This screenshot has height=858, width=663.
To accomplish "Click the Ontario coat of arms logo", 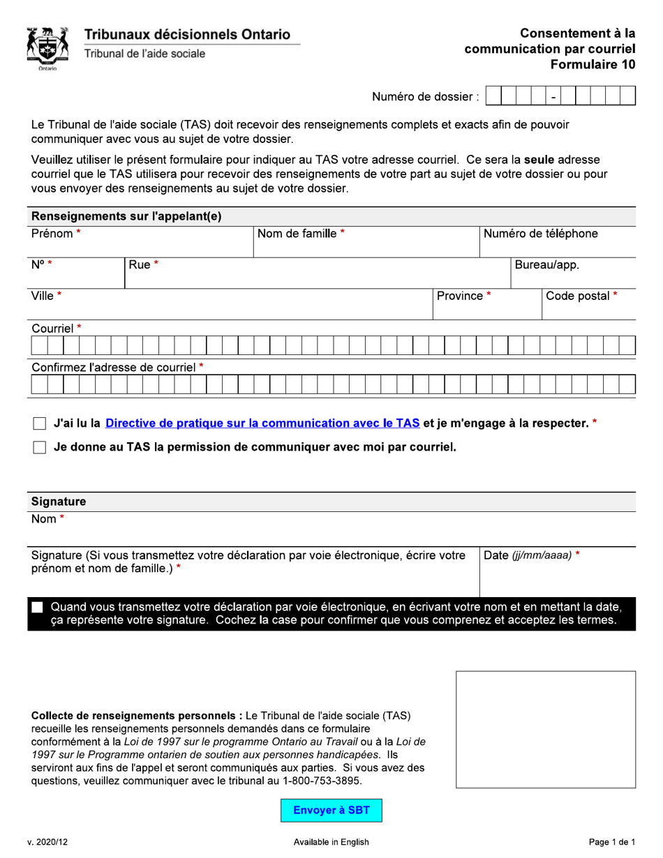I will [x=47, y=48].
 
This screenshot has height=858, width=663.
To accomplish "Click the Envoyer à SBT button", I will [x=331, y=810].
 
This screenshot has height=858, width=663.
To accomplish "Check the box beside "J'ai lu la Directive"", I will [x=40, y=423].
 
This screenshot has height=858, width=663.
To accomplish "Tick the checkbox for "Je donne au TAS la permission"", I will [x=40, y=448].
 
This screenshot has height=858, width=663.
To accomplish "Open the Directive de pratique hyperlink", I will [x=262, y=423].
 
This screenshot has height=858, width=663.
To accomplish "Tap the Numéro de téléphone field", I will [x=558, y=244].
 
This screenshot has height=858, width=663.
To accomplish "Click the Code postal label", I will [x=581, y=296].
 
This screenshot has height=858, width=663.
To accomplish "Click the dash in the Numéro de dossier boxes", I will [x=553, y=97].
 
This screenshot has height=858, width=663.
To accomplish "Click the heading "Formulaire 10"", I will [x=593, y=65].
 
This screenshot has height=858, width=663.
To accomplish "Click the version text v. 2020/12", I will [x=48, y=842].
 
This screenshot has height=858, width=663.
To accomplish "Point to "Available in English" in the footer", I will [x=331, y=842].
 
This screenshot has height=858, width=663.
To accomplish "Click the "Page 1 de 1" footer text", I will [x=611, y=842].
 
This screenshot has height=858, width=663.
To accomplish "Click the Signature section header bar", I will [x=331, y=502].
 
